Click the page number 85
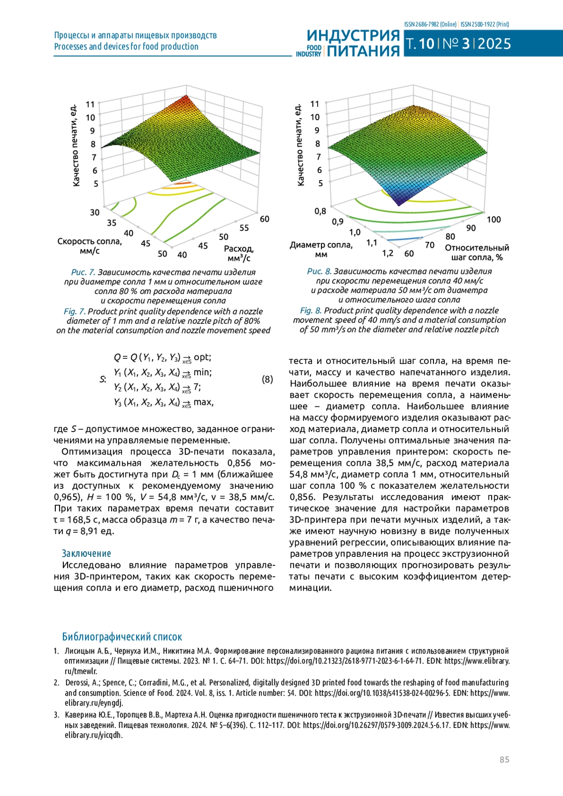click(x=504, y=759)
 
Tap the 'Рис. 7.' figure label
click(x=83, y=272)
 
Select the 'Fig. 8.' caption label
click(x=311, y=311)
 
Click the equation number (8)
click(x=267, y=379)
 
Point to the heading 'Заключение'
click(x=86, y=553)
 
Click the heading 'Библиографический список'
click(x=122, y=637)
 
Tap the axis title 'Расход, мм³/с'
click(x=238, y=253)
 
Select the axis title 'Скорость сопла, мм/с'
click(x=89, y=246)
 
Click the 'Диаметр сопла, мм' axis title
click(x=321, y=250)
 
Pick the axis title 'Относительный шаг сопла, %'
click(x=477, y=252)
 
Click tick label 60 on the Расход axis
click(x=265, y=219)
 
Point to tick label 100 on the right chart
click(x=494, y=220)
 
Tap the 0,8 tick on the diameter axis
click(x=320, y=211)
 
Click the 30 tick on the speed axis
click(x=95, y=212)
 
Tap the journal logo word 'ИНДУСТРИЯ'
click(x=353, y=36)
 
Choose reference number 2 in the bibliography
click(x=56, y=683)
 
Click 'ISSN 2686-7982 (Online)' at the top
click(x=430, y=24)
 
